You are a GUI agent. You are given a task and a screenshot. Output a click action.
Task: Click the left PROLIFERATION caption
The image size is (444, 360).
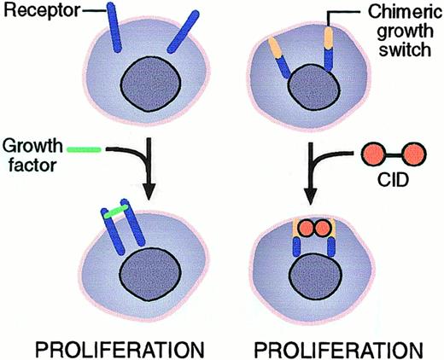tap(118, 347)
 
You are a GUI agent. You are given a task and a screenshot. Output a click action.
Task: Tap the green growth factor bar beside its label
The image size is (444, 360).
tap(85, 149)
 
